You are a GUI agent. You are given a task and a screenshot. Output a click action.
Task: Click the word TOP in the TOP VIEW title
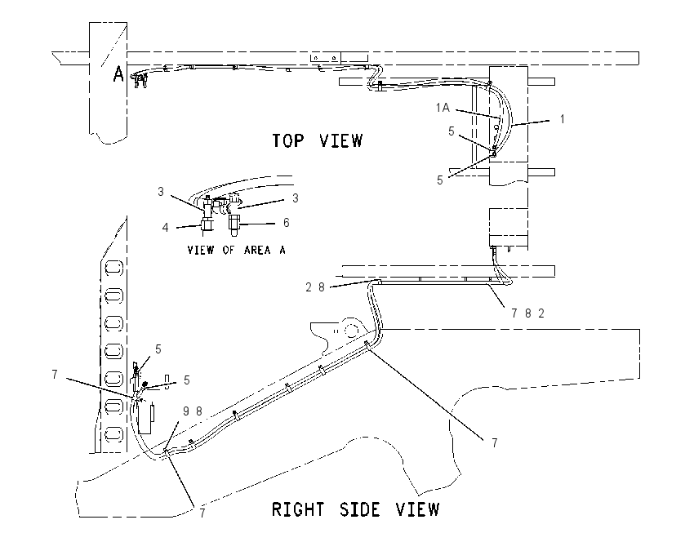(288, 140)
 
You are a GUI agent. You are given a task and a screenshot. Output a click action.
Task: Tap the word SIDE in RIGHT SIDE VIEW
(360, 509)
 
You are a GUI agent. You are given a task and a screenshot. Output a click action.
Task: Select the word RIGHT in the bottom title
(297, 509)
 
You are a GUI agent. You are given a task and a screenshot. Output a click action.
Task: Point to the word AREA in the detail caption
(257, 251)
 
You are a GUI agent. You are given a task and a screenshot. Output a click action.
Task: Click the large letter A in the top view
(118, 74)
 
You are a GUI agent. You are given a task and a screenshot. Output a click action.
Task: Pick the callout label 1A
(443, 108)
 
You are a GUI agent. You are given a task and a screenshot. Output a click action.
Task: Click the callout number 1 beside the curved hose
(562, 119)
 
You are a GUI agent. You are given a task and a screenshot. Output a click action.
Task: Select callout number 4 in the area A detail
(165, 228)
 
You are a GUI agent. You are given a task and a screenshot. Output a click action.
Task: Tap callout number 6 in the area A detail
(287, 223)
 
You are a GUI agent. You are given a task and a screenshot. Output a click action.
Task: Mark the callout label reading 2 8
(315, 287)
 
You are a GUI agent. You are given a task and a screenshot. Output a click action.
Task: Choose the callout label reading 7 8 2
(528, 313)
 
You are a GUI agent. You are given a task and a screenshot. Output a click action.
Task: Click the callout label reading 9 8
(193, 411)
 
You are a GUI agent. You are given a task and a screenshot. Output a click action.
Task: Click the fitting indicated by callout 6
(234, 224)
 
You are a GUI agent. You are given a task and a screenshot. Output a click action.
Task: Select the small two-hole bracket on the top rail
(325, 57)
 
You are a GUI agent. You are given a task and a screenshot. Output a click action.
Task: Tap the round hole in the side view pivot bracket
(352, 330)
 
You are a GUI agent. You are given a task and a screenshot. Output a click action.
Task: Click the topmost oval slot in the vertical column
(113, 268)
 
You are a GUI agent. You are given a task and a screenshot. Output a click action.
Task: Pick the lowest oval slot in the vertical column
(113, 433)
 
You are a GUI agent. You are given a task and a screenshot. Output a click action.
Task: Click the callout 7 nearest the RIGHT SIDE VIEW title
(202, 513)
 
